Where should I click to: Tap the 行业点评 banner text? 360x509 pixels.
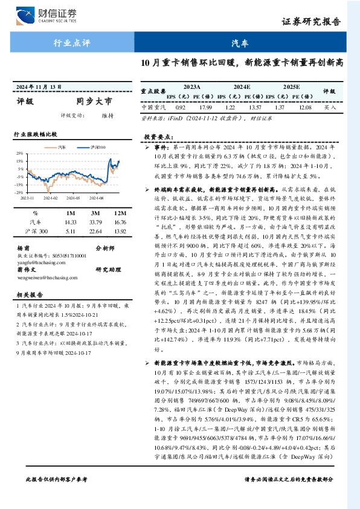[x=72, y=44]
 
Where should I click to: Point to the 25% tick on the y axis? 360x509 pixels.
[x=20, y=154]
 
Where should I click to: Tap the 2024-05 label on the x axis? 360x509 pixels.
[x=72, y=197]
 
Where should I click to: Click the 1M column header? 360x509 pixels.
[x=71, y=213]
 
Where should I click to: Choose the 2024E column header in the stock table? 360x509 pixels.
[x=242, y=87]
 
